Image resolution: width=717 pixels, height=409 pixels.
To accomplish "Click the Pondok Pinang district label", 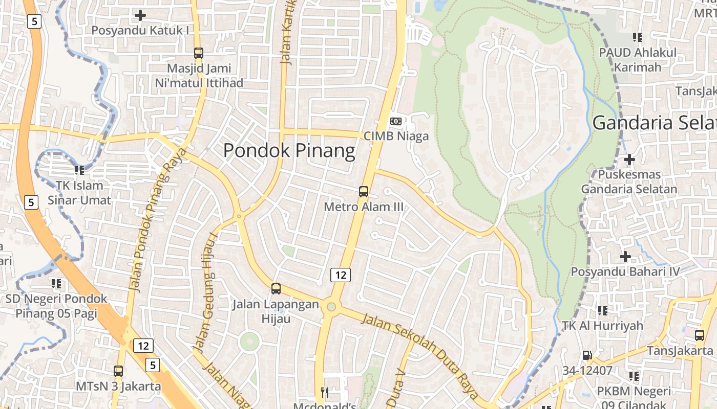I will (289, 151).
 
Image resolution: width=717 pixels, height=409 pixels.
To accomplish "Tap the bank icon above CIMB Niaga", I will (396, 121).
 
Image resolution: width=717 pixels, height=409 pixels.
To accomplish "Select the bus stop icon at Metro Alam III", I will (364, 192).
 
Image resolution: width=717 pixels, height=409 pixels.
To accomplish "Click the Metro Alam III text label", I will (364, 207).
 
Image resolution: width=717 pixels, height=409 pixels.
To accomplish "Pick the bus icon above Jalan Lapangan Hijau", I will (276, 289).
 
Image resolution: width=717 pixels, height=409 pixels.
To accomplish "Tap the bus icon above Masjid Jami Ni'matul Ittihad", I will (199, 53).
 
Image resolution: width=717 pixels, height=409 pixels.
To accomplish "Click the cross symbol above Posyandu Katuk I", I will (140, 15).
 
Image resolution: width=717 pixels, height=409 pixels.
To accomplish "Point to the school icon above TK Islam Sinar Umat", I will (79, 170).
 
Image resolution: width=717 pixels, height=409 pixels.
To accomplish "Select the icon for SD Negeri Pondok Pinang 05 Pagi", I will (56, 283).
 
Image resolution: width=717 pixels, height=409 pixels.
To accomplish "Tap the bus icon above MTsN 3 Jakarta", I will (118, 371).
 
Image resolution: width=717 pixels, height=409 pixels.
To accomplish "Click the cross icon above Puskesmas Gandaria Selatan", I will (629, 160).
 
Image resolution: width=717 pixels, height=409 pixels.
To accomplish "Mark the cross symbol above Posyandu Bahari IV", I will (625, 256).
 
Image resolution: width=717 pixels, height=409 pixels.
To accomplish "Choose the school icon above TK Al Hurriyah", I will (603, 310).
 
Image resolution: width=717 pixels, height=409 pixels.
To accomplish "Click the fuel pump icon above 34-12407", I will (587, 355).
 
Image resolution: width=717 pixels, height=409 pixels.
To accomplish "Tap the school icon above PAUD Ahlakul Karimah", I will (638, 37).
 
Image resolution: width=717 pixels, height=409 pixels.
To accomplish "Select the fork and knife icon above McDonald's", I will (324, 392).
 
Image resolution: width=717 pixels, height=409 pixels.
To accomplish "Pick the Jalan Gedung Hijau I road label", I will (205, 291).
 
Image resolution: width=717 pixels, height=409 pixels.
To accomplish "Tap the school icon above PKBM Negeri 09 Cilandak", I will (634, 376).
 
